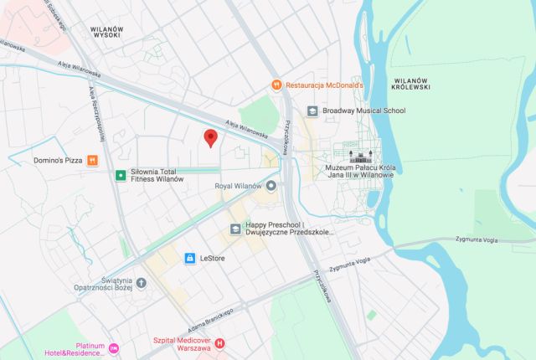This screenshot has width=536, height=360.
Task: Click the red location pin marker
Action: click(210, 138)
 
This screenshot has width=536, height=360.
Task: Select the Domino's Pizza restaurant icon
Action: click(93, 159)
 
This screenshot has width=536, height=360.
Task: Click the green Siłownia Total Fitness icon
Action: click(121, 175)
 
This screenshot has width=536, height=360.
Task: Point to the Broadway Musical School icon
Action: click(312, 111)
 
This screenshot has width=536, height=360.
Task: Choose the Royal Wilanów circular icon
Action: click(271, 186)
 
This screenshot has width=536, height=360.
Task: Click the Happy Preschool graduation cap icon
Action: click(235, 228)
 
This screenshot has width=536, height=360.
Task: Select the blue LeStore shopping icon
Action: click(190, 258)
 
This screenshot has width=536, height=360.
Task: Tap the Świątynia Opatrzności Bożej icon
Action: click(141, 282)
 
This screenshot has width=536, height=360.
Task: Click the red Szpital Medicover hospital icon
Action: click(220, 342)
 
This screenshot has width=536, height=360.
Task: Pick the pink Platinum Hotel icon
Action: click(114, 347)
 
